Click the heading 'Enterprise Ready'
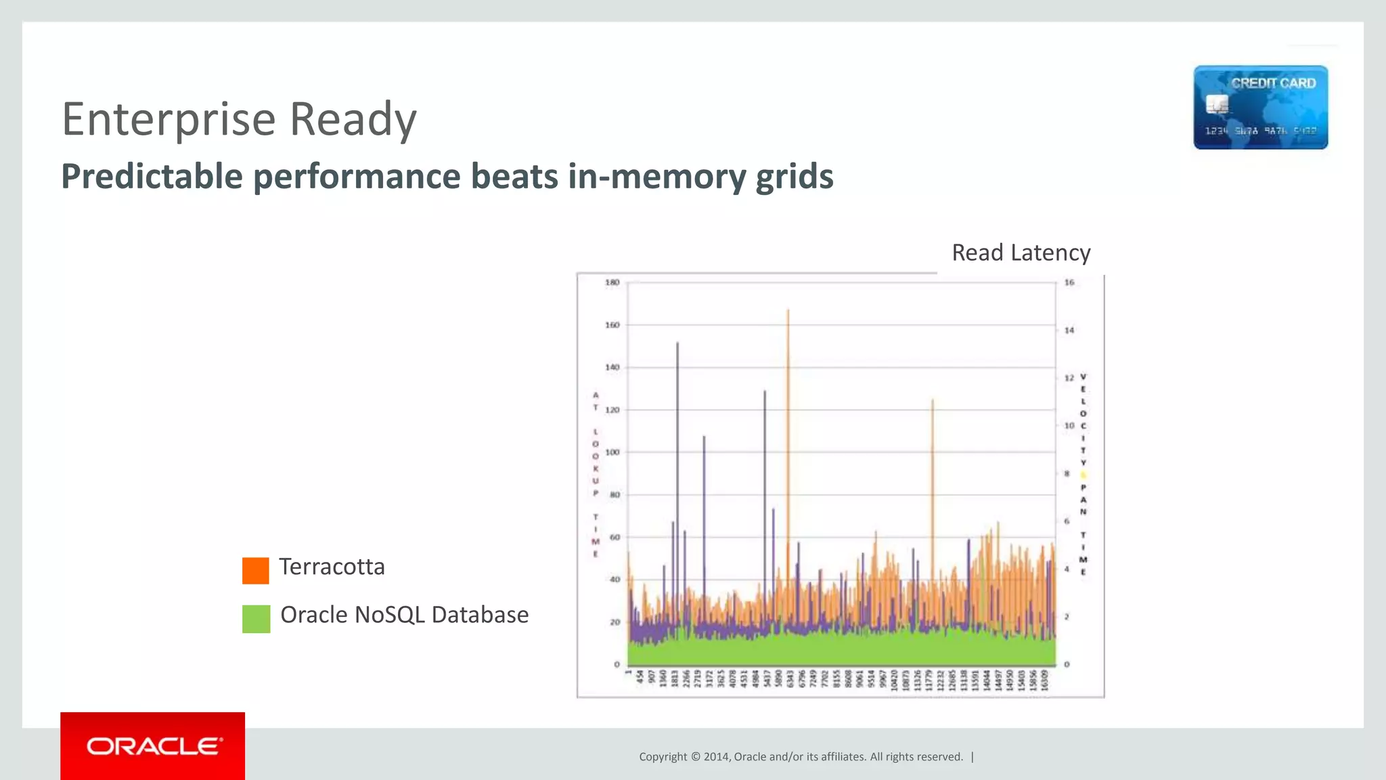pyautogui.click(x=239, y=119)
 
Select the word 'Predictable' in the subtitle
pyautogui.click(x=152, y=177)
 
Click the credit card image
pyautogui.click(x=1260, y=107)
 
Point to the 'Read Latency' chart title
pyautogui.click(x=1021, y=253)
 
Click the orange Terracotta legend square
pyautogui.click(x=256, y=570)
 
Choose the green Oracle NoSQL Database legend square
pyautogui.click(x=256, y=618)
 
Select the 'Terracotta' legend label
pyautogui.click(x=332, y=567)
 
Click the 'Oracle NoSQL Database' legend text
pyautogui.click(x=404, y=615)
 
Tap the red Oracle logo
pyautogui.click(x=153, y=746)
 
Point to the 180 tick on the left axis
pyautogui.click(x=612, y=282)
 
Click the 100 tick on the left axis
pyautogui.click(x=612, y=452)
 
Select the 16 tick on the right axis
pyautogui.click(x=1069, y=282)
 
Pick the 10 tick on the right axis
pyautogui.click(x=1069, y=426)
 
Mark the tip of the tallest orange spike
pyautogui.click(x=788, y=310)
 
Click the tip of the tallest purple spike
pyautogui.click(x=677, y=343)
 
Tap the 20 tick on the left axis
pyautogui.click(x=614, y=622)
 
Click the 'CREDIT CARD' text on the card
pyautogui.click(x=1273, y=83)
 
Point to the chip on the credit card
pyautogui.click(x=1217, y=105)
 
